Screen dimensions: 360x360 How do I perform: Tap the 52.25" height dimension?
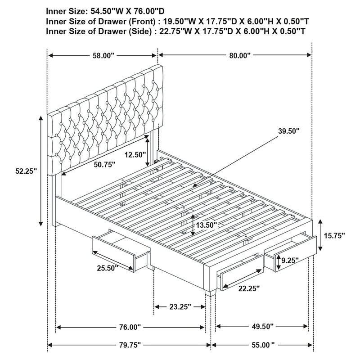click(x=24, y=171)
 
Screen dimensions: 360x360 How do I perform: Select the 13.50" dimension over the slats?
click(x=207, y=225)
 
